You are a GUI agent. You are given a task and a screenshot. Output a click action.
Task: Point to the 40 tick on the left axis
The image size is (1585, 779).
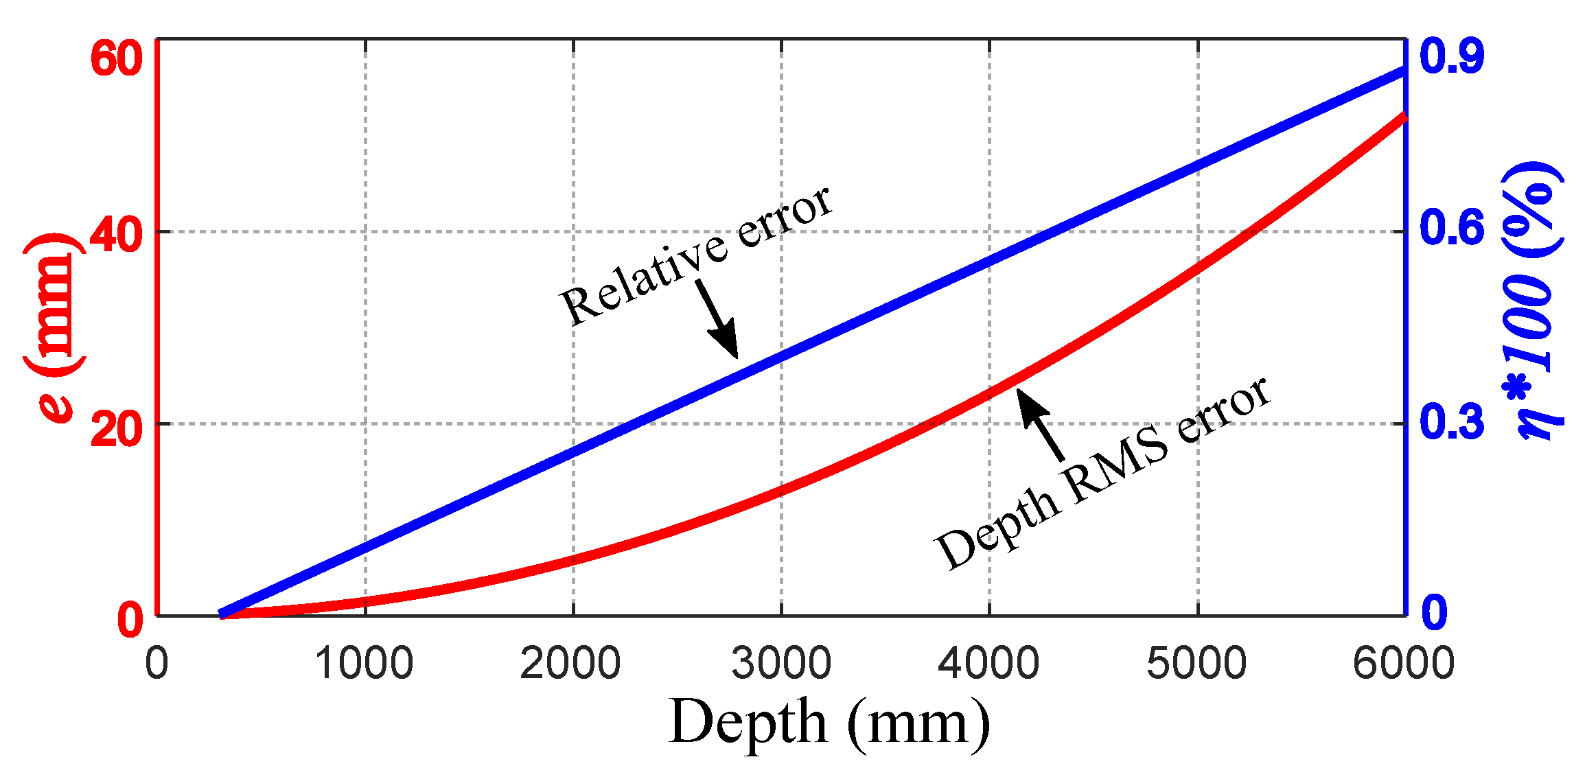tap(116, 237)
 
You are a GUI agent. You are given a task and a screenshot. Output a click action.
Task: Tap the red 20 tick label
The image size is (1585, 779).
tap(116, 431)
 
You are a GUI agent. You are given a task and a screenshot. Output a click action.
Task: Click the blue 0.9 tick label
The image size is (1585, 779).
tap(1451, 56)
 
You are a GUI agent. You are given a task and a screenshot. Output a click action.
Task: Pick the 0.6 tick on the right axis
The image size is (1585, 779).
tap(1451, 228)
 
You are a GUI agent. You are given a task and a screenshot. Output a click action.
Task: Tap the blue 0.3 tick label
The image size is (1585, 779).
tap(1451, 422)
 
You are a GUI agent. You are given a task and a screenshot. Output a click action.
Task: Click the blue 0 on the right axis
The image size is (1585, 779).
tap(1434, 612)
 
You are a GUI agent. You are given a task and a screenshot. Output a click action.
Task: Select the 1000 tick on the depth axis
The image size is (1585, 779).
tap(364, 664)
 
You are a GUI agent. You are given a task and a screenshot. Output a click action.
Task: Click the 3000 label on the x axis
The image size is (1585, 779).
tap(781, 664)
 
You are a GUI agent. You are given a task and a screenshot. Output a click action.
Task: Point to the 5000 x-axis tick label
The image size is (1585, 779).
tap(1196, 664)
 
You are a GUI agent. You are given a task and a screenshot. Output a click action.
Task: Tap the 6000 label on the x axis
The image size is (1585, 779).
tap(1404, 664)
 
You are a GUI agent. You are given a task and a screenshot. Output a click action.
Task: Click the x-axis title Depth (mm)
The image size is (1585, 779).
tap(829, 722)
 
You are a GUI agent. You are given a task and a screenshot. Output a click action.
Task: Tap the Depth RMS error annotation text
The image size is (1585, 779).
tap(1102, 474)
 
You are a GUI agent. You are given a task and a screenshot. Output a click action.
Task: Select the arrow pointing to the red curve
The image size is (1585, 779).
tap(1040, 424)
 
